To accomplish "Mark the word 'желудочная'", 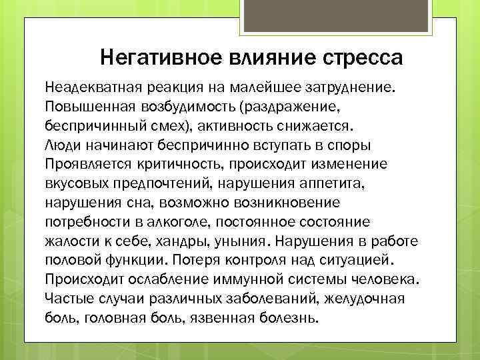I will pyautogui.click(x=365, y=297).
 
